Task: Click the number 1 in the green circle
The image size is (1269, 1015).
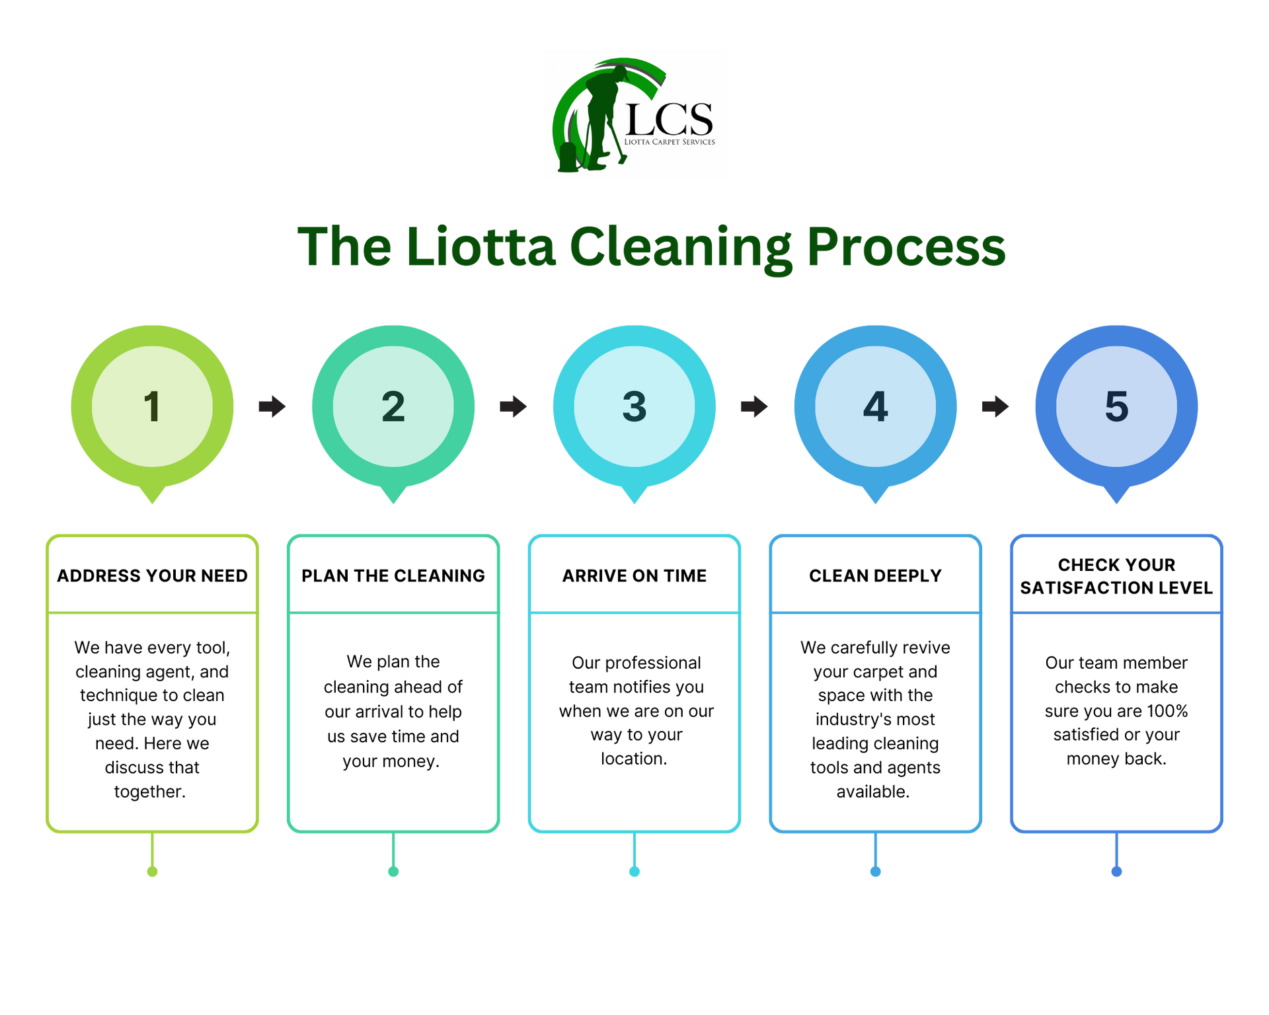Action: pos(152,406)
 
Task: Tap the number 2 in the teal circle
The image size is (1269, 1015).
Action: pos(393,406)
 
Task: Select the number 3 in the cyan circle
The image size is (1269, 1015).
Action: pos(634,406)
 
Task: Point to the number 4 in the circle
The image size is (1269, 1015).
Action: pos(875,406)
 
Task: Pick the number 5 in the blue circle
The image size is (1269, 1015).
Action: pos(1116,406)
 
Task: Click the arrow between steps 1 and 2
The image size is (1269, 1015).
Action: pos(272,406)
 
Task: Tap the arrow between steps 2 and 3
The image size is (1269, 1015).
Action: pos(514,406)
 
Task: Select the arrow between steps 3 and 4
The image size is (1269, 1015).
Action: pos(755,406)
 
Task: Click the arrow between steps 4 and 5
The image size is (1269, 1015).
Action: pos(995,406)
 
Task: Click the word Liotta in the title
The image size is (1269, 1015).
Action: pos(481,247)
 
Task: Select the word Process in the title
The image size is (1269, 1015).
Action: pos(906,247)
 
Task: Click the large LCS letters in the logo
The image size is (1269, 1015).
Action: pos(668,119)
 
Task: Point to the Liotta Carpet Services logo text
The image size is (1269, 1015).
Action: pos(670,141)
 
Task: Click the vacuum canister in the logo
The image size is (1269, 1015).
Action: pos(568,156)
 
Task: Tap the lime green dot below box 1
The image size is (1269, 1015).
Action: pos(152,872)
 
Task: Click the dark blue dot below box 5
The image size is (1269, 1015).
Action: pos(1116,872)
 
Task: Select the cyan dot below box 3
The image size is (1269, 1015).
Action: pos(634,872)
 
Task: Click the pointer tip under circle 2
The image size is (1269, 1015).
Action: pos(393,500)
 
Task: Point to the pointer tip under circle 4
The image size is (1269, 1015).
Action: pos(875,500)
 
